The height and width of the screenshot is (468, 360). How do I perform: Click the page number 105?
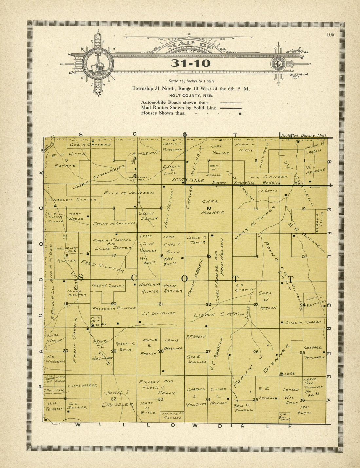pos(330,35)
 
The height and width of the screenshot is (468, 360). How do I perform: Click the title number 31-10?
pos(190,63)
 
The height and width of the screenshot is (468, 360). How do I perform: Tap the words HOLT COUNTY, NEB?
pos(191,96)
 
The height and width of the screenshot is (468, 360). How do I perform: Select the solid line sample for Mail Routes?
pos(231,108)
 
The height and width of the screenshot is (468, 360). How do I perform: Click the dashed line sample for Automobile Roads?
pos(231,103)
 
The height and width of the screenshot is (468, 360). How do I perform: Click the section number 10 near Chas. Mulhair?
pos(209,208)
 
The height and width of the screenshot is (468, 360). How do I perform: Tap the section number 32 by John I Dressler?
pos(114,399)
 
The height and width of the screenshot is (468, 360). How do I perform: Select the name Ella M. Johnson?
pos(129,193)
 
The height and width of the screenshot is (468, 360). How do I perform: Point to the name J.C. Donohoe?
pos(158,313)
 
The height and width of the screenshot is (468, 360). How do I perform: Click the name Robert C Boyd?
pos(125,346)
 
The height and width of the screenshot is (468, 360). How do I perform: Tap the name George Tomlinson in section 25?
pos(314,352)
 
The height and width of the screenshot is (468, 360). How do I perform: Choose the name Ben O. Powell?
pos(244,408)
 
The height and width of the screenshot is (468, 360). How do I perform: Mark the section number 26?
pos(256,352)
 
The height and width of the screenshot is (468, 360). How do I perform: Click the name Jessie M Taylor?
pos(196,240)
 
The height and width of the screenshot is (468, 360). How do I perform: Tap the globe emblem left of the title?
pos(98,64)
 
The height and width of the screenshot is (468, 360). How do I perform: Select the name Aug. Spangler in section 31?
pos(77,406)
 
